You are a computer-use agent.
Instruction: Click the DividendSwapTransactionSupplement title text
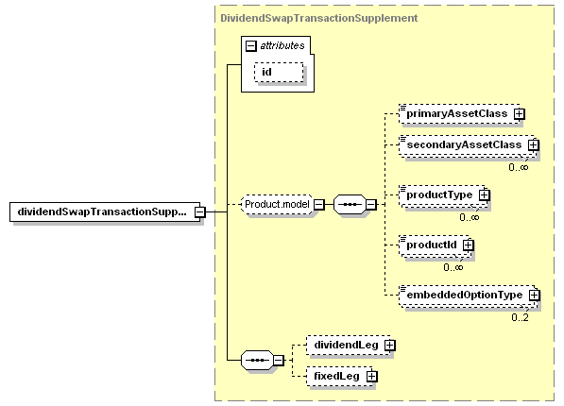click(x=319, y=18)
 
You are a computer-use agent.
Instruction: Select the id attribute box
click(x=279, y=73)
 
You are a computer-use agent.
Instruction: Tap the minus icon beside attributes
click(x=250, y=46)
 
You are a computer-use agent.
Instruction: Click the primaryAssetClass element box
click(x=459, y=114)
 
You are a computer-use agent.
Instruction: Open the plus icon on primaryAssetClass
click(x=519, y=114)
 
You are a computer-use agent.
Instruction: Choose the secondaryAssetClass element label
click(x=464, y=144)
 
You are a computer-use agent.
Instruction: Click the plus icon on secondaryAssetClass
click(x=534, y=144)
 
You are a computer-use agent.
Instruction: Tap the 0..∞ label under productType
click(x=470, y=217)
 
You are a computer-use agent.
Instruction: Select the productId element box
click(x=435, y=245)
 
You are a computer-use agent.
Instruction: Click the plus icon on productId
click(x=468, y=245)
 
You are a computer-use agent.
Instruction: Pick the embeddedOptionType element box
click(x=468, y=296)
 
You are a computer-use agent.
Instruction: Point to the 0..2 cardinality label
click(x=521, y=317)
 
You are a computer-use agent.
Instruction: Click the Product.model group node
click(x=277, y=205)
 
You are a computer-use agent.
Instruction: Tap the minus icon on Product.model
click(x=319, y=205)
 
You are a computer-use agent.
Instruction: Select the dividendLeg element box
click(x=349, y=346)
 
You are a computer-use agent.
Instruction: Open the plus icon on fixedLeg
click(x=372, y=377)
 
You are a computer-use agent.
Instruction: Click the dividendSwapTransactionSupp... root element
click(x=105, y=211)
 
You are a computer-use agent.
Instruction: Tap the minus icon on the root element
click(x=200, y=211)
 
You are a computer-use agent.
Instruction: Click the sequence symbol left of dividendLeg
click(x=257, y=360)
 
